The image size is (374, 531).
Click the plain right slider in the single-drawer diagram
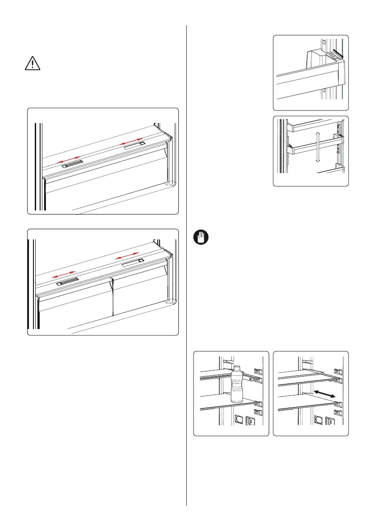[134, 145]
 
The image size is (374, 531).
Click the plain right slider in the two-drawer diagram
[132, 260]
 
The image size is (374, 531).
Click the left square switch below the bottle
[239, 420]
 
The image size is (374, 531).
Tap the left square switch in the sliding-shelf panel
[318, 420]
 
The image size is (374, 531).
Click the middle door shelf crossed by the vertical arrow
[312, 146]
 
